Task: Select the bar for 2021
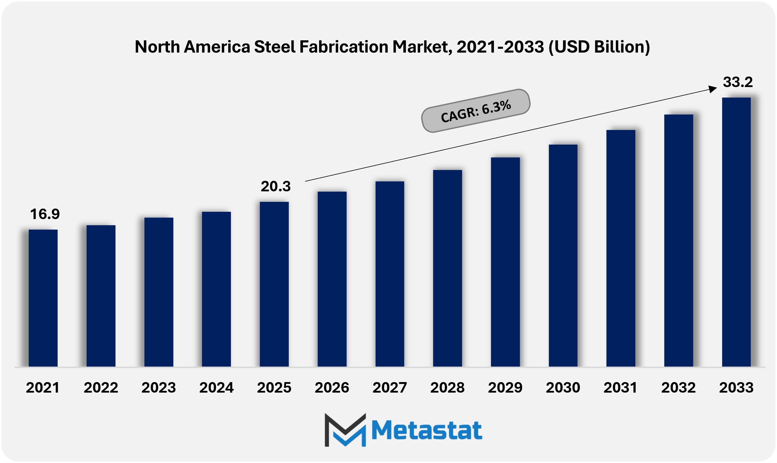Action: click(x=43, y=298)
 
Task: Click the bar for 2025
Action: click(x=274, y=284)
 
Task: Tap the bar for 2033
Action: click(x=736, y=232)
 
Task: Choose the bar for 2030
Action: click(x=563, y=255)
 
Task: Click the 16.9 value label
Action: click(x=45, y=214)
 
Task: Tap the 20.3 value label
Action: click(x=276, y=186)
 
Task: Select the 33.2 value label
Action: click(x=738, y=82)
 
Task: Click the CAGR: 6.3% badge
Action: click(x=475, y=111)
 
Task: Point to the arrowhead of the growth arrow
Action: click(x=713, y=89)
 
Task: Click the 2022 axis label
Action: click(x=101, y=388)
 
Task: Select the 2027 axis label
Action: click(x=390, y=388)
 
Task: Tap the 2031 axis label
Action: click(x=620, y=388)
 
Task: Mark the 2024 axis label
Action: click(x=216, y=388)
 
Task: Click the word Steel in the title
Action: click(x=275, y=47)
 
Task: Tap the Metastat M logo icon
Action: click(x=345, y=430)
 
